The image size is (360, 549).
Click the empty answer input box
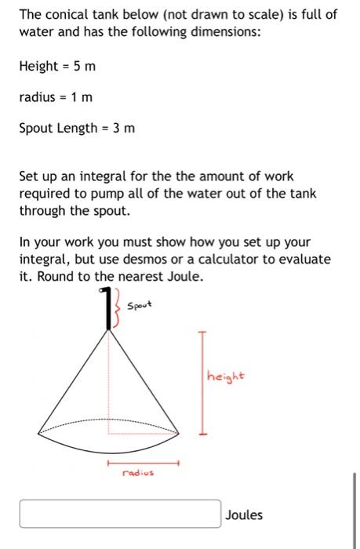120,514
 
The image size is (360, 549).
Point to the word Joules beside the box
244,515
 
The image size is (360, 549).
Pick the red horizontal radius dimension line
144,463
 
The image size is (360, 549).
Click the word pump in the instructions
93,195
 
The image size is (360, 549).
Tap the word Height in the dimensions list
38,66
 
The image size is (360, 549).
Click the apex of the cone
109,329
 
